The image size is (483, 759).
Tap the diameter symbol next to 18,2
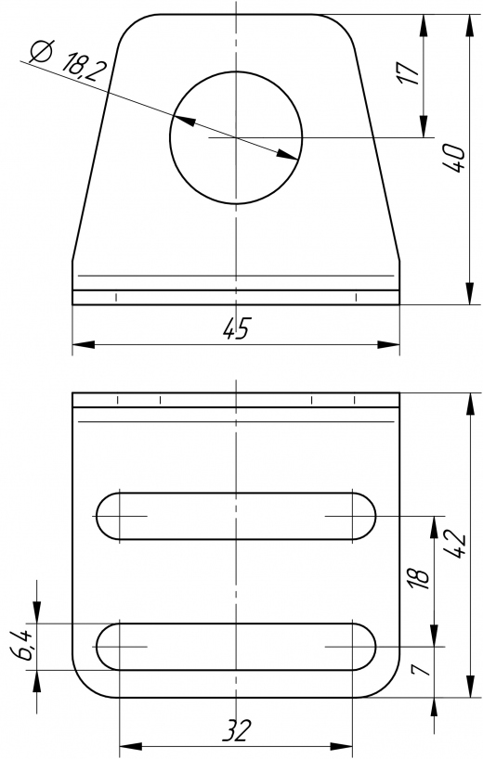(x=42, y=51)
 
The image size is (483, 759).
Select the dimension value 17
(x=409, y=73)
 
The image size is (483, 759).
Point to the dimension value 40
(x=455, y=158)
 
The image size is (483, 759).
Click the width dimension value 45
(x=237, y=329)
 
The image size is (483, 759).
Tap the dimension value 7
(x=420, y=669)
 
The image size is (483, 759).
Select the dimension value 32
(x=238, y=731)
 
